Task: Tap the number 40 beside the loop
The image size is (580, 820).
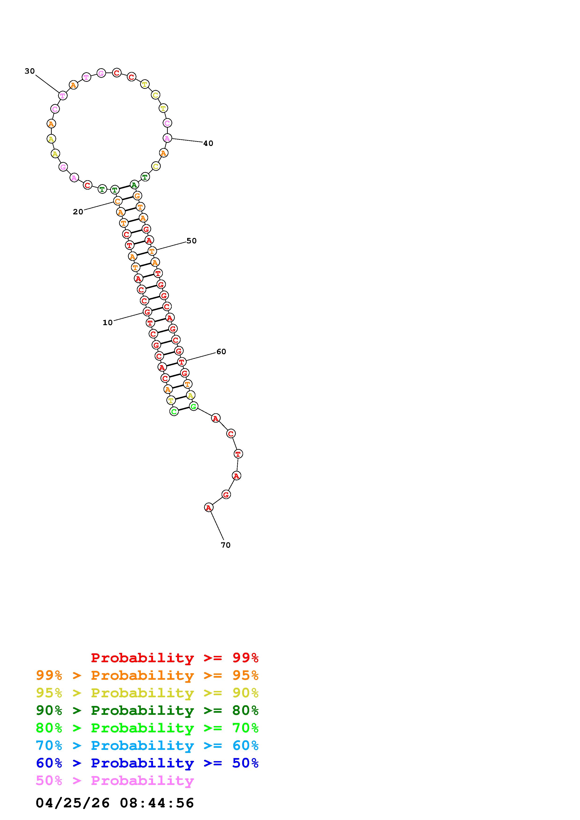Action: pos(208,144)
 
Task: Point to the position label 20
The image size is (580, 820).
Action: pos(78,212)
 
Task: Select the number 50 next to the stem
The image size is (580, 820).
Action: pos(192,241)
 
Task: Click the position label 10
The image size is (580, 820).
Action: pos(108,323)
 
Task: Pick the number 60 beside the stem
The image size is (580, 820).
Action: pos(221,352)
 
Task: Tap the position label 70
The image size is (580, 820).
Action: pos(226,545)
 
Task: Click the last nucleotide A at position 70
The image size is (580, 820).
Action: pos(209,507)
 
